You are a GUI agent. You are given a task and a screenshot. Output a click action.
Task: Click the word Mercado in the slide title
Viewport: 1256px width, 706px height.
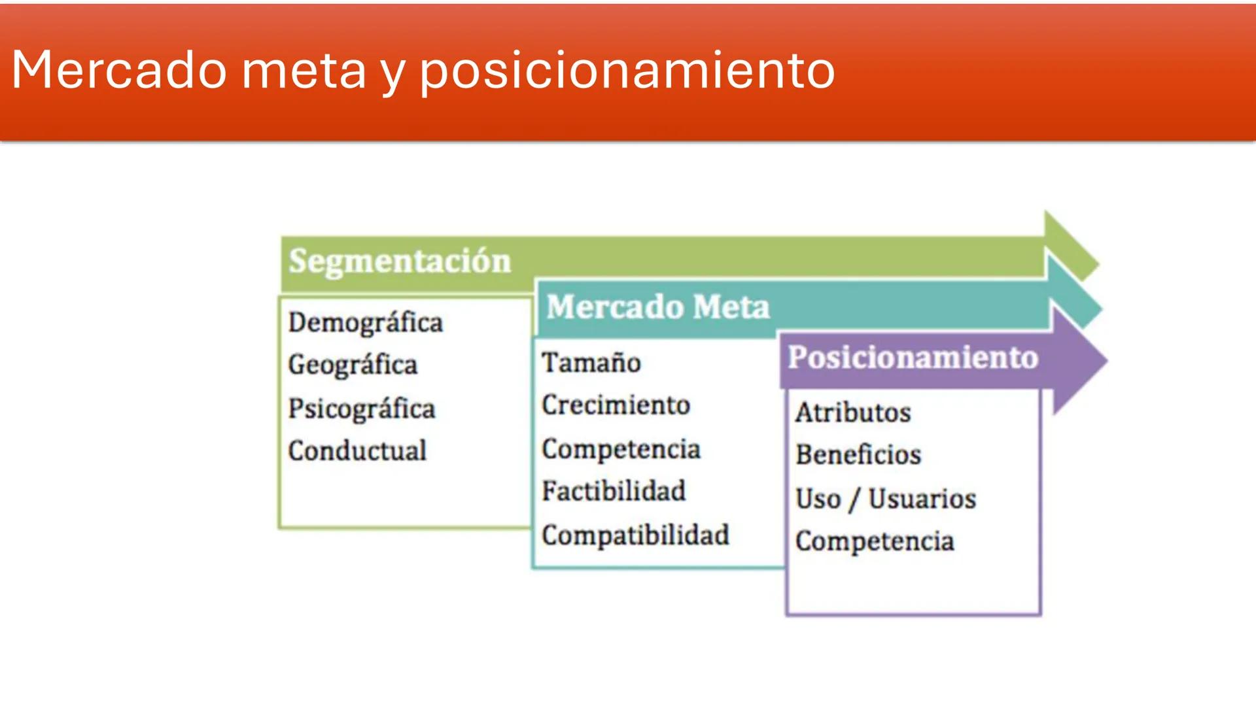pos(119,70)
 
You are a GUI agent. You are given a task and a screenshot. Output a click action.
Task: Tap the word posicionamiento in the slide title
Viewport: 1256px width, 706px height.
pos(627,71)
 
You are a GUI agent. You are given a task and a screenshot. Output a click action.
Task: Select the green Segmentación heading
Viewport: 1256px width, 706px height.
pos(400,261)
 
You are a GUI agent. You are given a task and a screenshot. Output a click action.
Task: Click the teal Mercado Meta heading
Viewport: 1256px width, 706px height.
pos(657,307)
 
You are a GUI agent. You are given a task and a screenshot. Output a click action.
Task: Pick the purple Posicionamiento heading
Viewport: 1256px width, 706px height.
pos(913,358)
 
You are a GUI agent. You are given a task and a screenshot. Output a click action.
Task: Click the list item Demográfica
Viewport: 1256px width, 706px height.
pos(366,323)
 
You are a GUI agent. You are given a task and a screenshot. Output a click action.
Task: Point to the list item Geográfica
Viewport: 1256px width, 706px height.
pos(353,365)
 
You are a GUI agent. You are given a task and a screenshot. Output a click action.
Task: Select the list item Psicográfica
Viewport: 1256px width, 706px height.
pos(362,409)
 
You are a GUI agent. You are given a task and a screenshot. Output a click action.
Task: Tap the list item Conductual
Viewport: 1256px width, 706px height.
pos(357,451)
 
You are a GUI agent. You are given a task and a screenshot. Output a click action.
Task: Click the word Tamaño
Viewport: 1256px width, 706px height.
pos(591,363)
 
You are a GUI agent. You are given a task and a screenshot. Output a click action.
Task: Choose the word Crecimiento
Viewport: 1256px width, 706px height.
pos(616,405)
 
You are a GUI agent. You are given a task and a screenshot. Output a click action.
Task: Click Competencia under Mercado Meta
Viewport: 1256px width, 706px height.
pos(621,450)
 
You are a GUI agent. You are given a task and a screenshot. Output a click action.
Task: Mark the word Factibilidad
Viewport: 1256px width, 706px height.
pos(614,492)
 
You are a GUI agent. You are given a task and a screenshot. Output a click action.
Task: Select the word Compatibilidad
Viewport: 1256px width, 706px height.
pos(635,535)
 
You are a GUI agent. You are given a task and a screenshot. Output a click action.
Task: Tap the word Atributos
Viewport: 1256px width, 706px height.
pos(853,413)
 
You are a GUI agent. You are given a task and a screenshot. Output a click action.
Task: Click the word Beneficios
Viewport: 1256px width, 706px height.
pos(858,455)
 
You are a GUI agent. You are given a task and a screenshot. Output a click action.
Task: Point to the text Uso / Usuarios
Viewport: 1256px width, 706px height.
pos(886,499)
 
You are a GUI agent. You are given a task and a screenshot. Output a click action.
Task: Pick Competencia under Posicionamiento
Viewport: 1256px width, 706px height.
pos(875,542)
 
